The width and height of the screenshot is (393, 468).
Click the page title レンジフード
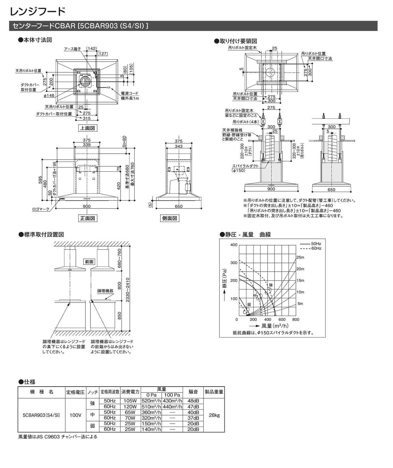click(x=37, y=12)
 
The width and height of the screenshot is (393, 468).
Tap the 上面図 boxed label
click(x=87, y=128)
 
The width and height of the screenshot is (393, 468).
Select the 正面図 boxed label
click(x=87, y=218)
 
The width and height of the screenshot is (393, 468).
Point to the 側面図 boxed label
click(x=170, y=218)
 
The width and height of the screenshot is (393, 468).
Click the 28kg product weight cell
click(x=214, y=415)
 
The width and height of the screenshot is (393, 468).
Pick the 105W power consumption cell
click(x=130, y=401)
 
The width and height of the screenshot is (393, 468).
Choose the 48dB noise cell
click(x=193, y=401)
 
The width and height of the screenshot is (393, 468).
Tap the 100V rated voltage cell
click(x=75, y=415)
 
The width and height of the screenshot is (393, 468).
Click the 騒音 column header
click(x=193, y=392)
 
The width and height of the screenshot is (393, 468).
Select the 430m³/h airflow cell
click(x=172, y=401)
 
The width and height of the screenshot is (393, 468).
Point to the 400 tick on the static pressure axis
click(x=234, y=245)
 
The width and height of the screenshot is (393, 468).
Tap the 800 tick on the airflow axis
click(x=296, y=320)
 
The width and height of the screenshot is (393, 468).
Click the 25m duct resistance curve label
click(x=300, y=257)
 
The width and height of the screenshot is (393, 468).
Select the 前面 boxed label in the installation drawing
click(x=89, y=262)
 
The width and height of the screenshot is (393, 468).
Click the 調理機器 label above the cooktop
click(x=105, y=291)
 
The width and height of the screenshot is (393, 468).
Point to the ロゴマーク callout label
click(x=41, y=209)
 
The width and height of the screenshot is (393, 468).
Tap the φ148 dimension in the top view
click(x=49, y=96)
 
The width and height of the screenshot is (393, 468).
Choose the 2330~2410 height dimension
click(x=128, y=290)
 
